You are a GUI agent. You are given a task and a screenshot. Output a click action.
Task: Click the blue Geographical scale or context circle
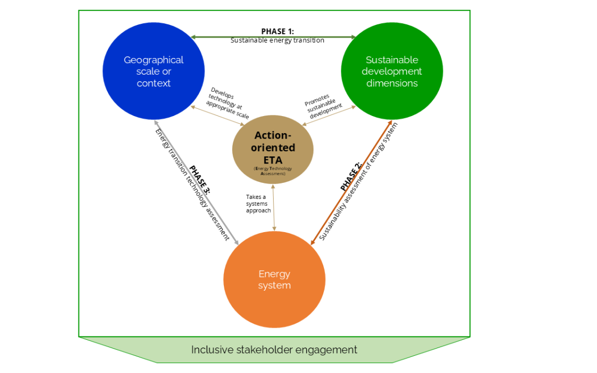154,71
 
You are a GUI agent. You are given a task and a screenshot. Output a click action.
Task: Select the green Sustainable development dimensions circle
391,71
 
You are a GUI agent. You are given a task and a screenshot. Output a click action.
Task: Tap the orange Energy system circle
274,280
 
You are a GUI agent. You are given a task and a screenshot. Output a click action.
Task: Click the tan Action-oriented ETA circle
273,150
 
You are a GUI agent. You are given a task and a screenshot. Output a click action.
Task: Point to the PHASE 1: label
277,31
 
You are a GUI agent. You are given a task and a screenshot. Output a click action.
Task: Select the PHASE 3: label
200,178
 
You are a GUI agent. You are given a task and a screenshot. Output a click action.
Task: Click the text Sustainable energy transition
277,40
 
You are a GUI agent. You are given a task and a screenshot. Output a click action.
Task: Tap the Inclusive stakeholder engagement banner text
274,350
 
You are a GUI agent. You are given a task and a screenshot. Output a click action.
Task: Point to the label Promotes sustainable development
323,106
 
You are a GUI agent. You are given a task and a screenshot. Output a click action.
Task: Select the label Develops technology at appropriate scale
228,103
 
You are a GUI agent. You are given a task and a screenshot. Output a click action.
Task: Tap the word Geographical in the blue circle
154,60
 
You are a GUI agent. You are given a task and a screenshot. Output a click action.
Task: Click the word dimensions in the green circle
391,83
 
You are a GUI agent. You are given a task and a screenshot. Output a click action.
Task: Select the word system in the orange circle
274,286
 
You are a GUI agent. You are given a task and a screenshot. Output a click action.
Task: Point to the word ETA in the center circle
273,160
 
